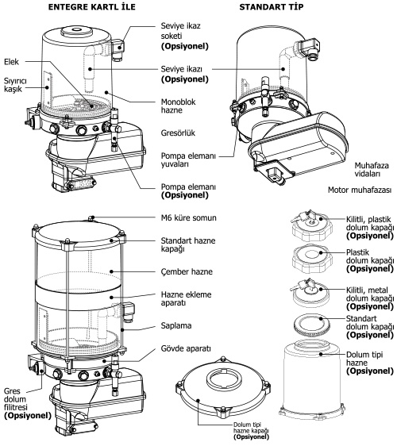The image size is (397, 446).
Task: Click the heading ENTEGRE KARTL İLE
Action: click(x=91, y=7)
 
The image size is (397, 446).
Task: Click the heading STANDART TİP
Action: click(x=272, y=7)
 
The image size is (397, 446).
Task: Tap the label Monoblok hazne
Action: click(x=179, y=106)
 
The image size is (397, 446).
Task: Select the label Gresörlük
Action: click(x=178, y=133)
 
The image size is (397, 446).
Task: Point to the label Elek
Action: click(x=11, y=62)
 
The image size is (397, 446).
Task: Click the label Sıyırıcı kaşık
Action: click(x=15, y=85)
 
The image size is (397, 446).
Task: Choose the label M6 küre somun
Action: click(x=189, y=218)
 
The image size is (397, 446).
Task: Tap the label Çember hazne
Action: click(x=187, y=271)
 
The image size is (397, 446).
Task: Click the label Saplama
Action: click(x=176, y=325)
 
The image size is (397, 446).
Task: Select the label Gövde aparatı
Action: click(x=186, y=348)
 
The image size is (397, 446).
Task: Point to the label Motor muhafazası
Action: click(x=360, y=190)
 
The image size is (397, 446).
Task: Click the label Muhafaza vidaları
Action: click(x=372, y=170)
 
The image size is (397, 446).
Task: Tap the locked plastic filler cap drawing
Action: click(x=311, y=225)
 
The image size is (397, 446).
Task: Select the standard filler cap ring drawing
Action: click(x=311, y=324)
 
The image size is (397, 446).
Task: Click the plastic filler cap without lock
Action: click(x=312, y=260)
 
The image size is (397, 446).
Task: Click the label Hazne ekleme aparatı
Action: click(x=186, y=298)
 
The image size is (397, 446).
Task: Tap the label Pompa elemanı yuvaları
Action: click(x=188, y=160)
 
